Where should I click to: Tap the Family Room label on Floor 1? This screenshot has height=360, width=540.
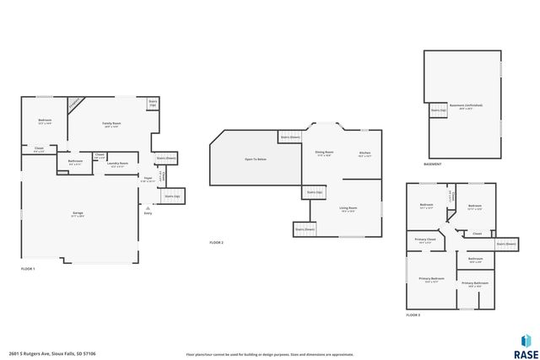[x=112, y=124]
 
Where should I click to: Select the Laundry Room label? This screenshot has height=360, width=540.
[x=118, y=164]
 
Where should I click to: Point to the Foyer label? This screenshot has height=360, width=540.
[x=147, y=179]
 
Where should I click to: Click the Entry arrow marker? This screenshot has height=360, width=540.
[x=148, y=207]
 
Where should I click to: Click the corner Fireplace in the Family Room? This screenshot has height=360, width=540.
[x=75, y=102]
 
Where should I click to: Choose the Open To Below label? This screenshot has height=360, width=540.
[x=256, y=159]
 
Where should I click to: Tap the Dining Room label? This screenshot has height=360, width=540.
[x=324, y=154]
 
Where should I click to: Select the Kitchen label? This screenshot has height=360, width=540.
[x=364, y=154]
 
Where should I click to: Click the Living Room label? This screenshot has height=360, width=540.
[x=348, y=209]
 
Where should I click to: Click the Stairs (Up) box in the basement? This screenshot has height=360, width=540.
[x=438, y=110]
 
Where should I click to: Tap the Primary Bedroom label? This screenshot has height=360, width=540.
[x=431, y=281]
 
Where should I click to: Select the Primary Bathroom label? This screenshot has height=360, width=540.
[x=474, y=284]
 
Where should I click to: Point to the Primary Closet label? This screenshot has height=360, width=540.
[x=425, y=241]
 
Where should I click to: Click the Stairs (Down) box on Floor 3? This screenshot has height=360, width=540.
[x=505, y=244]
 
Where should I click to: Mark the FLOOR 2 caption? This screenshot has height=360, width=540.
[x=217, y=243]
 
